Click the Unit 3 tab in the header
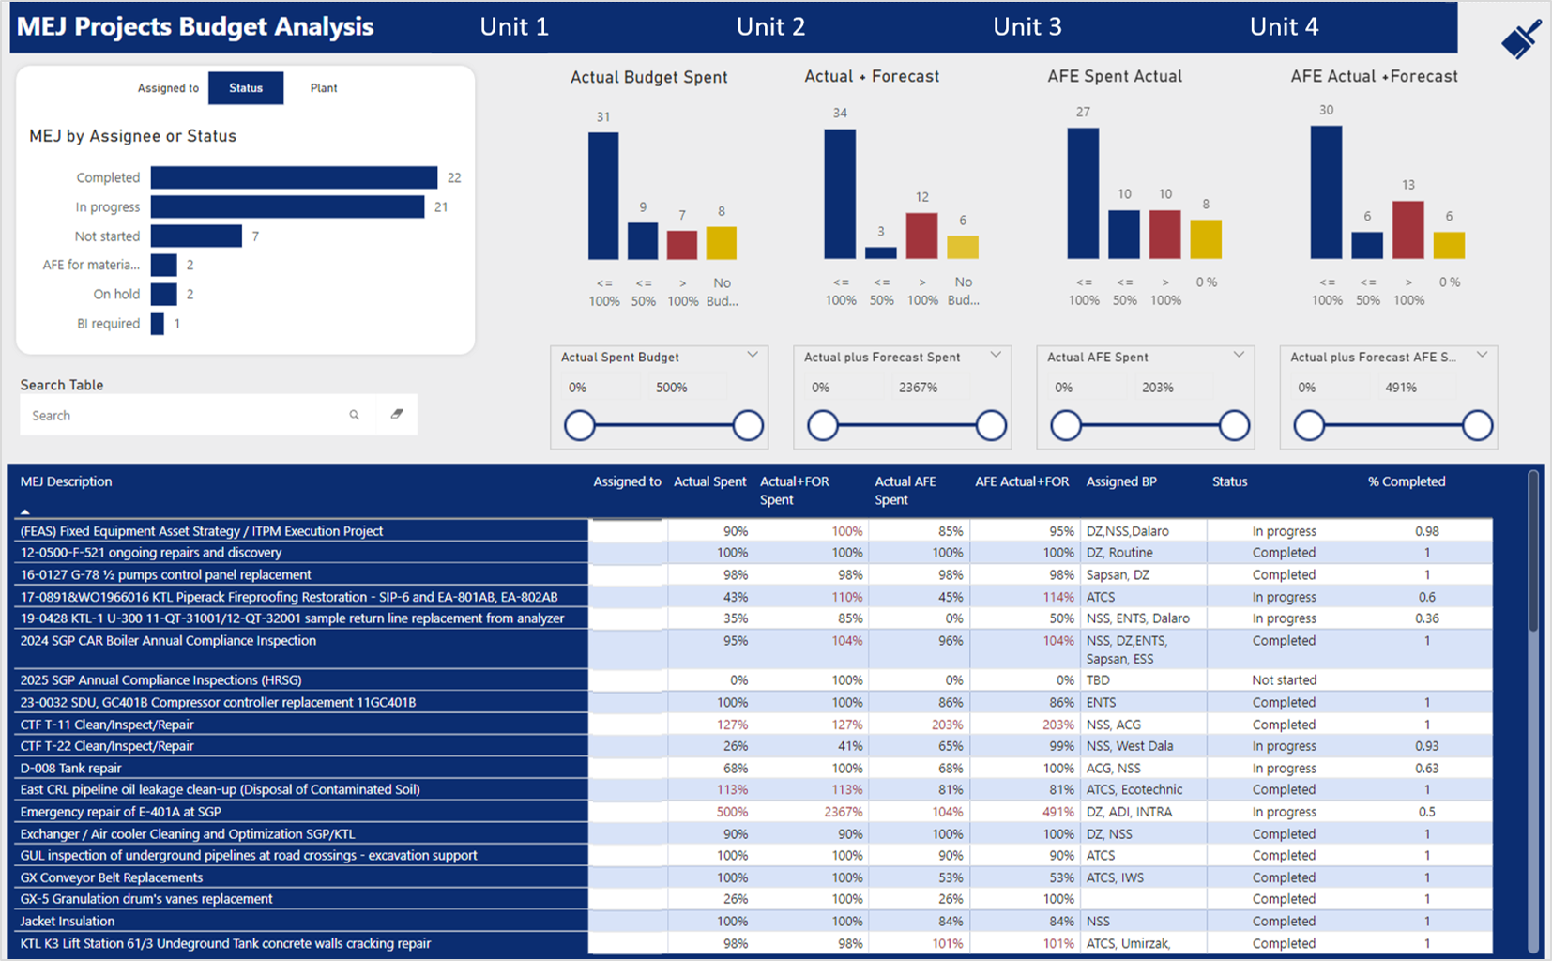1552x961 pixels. click(x=1027, y=27)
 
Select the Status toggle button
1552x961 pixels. click(x=246, y=88)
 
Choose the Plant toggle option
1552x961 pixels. click(x=324, y=88)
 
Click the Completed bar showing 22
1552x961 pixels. click(x=294, y=177)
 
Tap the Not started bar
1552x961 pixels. click(x=196, y=236)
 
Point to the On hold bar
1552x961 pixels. click(x=163, y=294)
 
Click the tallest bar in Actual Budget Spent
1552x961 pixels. click(x=603, y=196)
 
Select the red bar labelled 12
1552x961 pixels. click(x=921, y=236)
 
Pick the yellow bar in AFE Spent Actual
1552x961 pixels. click(x=1206, y=239)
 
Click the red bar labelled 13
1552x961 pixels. click(x=1407, y=230)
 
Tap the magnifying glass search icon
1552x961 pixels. click(x=354, y=415)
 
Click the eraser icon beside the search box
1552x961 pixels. click(x=397, y=414)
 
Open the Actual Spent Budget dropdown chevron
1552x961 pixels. click(x=753, y=355)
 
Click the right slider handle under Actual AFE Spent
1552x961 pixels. click(x=1234, y=425)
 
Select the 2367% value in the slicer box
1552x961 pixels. click(x=918, y=388)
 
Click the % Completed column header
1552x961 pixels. click(x=1407, y=481)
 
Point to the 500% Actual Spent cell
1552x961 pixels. click(x=732, y=812)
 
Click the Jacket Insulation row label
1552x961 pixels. click(x=68, y=921)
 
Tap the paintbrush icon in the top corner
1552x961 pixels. click(x=1522, y=38)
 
